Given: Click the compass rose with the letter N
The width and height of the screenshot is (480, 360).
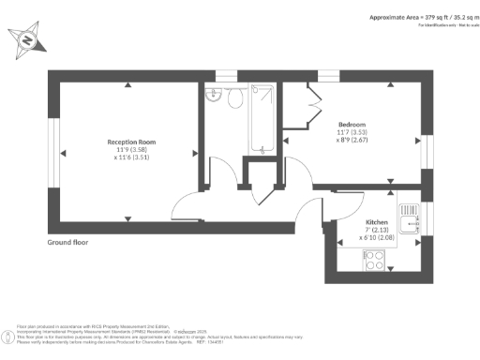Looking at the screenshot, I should [26, 40].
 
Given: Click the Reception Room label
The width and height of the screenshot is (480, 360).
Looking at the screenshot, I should [130, 142].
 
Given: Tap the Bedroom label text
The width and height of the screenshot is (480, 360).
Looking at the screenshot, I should [352, 125].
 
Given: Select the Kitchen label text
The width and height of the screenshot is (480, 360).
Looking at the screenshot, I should [377, 222].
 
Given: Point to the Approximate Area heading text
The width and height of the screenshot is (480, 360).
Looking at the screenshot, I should [420, 17].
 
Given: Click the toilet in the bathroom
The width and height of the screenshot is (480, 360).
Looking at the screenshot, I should [235, 97].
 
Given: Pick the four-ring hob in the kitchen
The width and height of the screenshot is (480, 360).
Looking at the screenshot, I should [373, 263].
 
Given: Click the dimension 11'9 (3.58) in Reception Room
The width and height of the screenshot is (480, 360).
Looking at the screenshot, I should [130, 150].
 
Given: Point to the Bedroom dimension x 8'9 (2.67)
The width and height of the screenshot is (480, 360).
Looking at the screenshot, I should [352, 141].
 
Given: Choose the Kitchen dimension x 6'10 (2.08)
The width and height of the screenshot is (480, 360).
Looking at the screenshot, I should [377, 238].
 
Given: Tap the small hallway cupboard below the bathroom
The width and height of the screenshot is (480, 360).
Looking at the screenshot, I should [254, 173].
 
